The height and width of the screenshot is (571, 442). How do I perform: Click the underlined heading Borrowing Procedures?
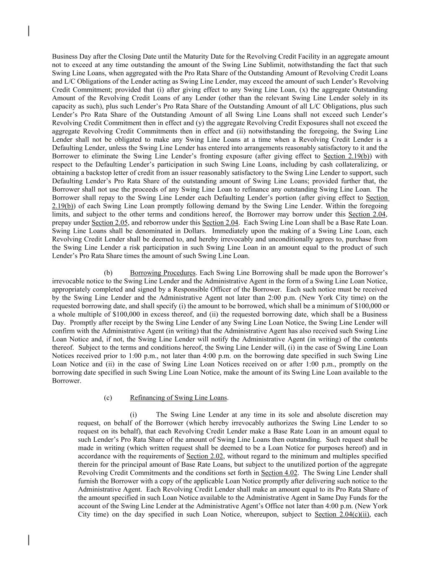click(x=163, y=273)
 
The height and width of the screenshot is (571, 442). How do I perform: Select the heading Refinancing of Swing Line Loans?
click(x=178, y=397)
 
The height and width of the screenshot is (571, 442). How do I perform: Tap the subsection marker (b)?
click(x=108, y=273)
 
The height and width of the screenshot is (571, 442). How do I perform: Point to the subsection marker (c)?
click(x=108, y=397)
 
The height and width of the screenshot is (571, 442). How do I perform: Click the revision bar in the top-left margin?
click(x=28, y=31)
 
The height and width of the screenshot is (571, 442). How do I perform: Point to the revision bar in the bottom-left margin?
click(x=28, y=540)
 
